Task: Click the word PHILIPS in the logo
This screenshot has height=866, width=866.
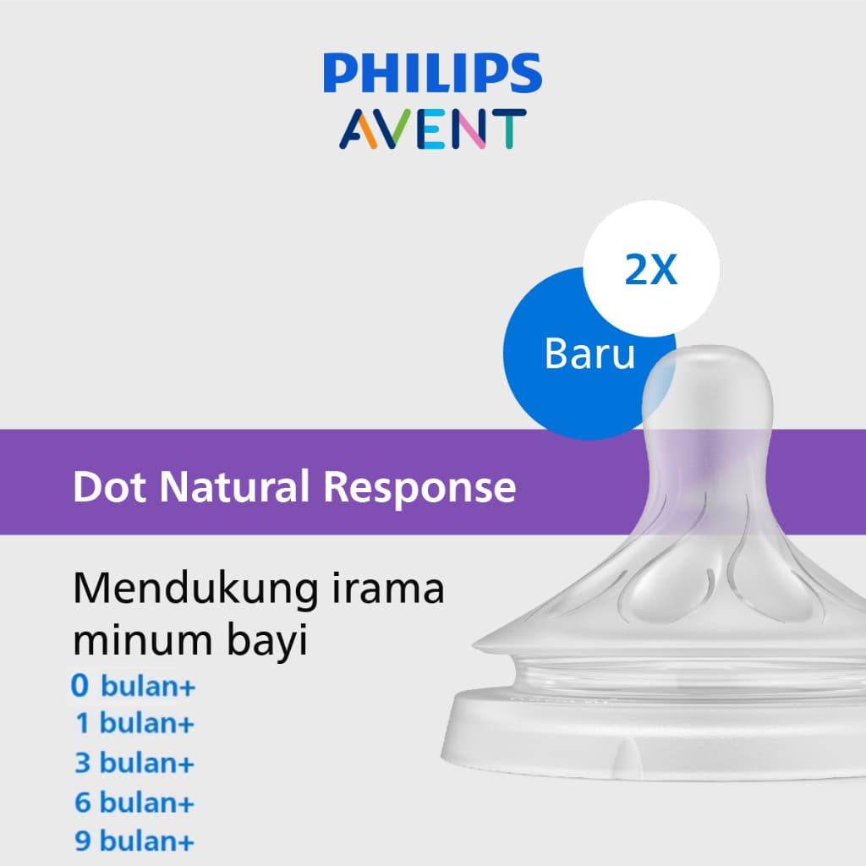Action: pos(432,74)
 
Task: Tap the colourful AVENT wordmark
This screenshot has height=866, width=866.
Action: pos(432,128)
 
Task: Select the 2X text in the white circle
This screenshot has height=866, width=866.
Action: pos(650,270)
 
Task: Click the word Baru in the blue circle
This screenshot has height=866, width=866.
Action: pos(589,354)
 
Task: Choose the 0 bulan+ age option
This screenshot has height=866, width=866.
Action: pos(134,686)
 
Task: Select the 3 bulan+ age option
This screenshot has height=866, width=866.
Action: pos(134,763)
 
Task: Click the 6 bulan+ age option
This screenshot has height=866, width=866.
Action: pos(134,802)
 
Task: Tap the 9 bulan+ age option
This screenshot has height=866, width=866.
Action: pos(134,841)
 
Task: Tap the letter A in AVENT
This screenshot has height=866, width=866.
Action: pos(359,128)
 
